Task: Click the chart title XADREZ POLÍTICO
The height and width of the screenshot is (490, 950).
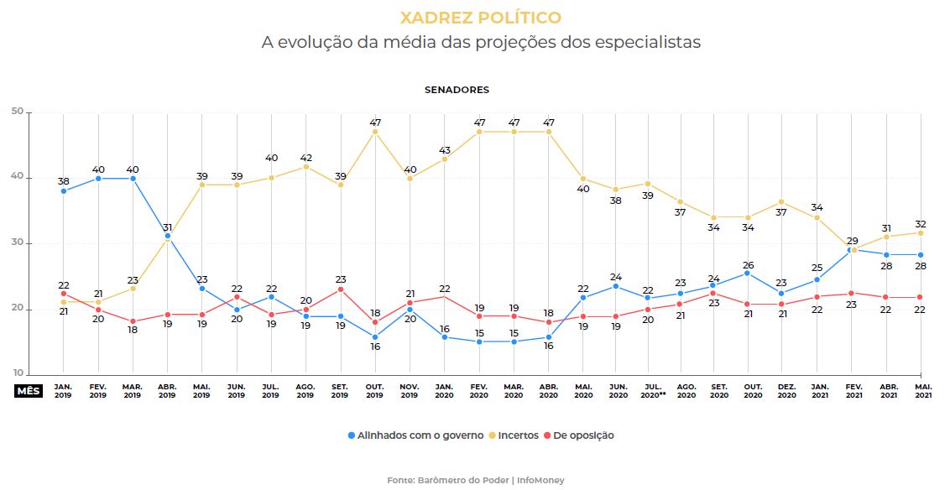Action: [480, 18]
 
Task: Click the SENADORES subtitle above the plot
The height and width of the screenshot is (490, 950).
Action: [457, 90]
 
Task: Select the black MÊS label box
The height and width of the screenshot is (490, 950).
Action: [29, 390]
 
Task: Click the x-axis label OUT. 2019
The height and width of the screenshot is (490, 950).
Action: [375, 390]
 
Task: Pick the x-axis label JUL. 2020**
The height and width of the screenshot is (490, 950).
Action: [652, 390]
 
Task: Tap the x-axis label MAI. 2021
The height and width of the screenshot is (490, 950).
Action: [922, 390]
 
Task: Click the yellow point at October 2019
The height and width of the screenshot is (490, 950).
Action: [375, 132]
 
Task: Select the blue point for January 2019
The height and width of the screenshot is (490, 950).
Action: [64, 191]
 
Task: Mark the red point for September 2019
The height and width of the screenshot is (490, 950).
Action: [341, 289]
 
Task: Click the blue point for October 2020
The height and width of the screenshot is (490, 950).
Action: [748, 273]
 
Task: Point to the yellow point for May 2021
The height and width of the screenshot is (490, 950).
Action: [921, 232]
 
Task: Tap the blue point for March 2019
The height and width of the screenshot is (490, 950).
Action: [133, 178]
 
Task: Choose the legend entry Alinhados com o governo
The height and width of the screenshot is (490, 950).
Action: [415, 435]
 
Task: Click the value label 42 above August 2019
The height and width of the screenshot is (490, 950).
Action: [306, 157]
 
